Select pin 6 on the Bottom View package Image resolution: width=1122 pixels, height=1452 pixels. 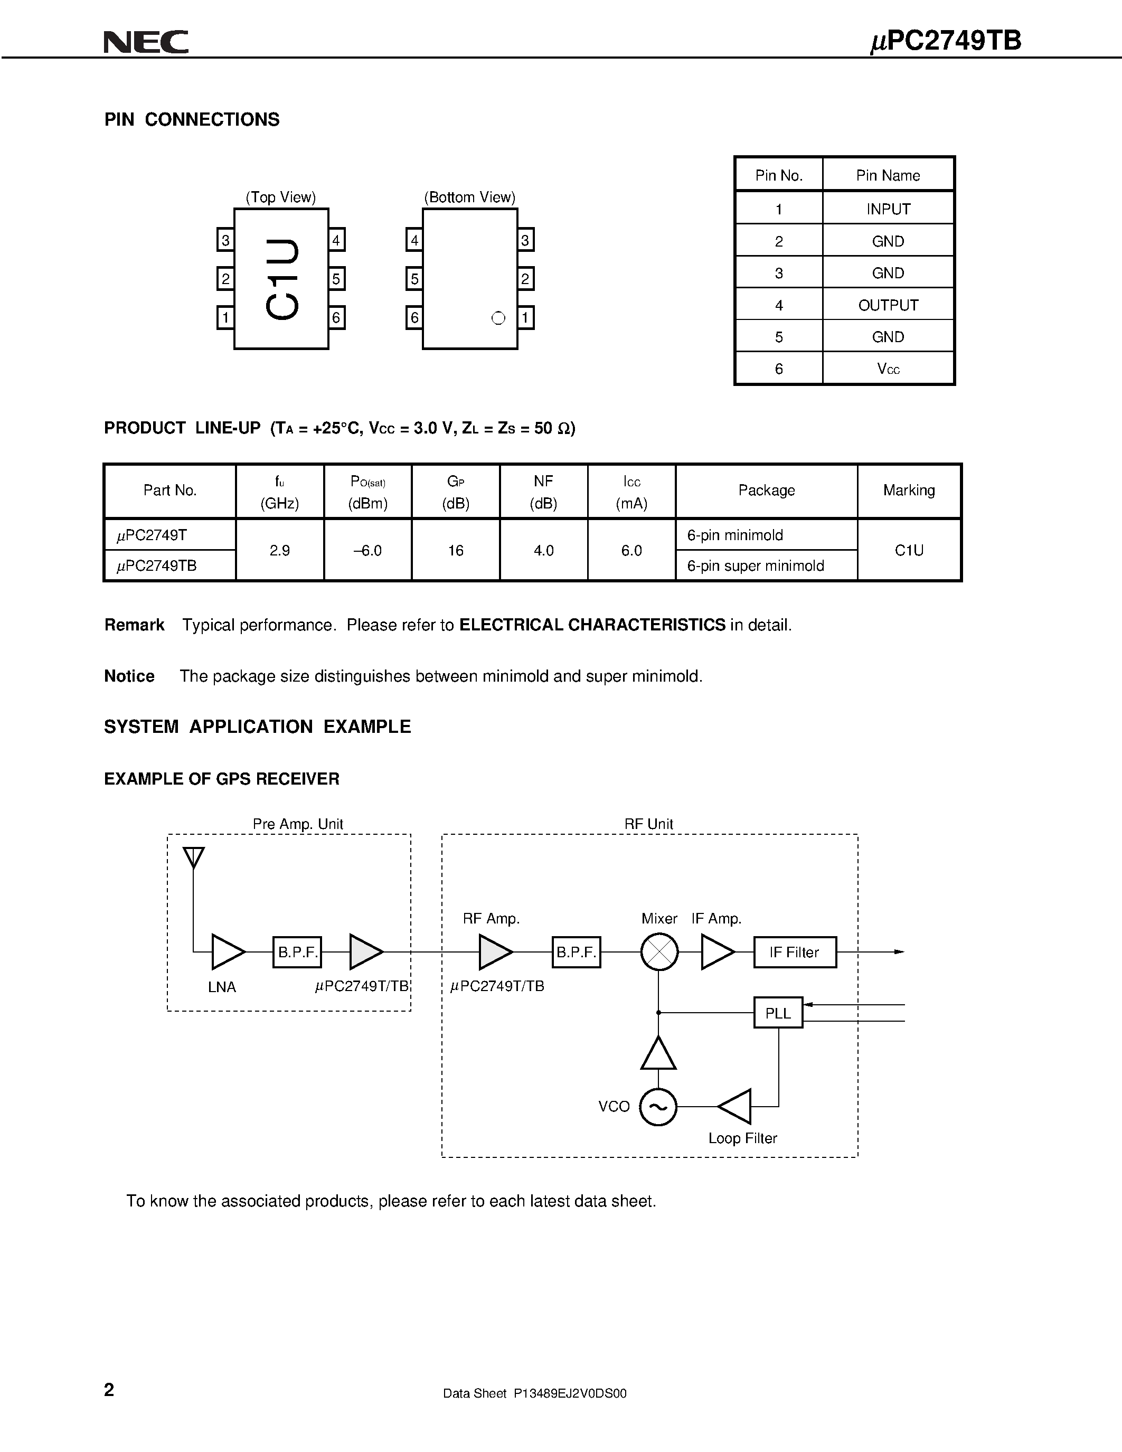click(414, 318)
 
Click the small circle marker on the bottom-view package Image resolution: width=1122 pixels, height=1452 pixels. click(498, 318)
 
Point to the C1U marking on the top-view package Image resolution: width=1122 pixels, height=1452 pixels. click(282, 279)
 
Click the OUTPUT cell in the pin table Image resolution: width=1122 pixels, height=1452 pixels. click(888, 305)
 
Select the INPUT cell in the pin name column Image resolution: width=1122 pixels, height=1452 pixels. click(888, 209)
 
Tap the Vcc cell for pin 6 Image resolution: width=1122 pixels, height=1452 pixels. click(888, 369)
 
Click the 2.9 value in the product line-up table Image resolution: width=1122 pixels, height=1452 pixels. click(280, 551)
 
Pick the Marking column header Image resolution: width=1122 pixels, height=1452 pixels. click(909, 491)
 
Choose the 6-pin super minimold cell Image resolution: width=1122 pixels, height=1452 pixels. click(756, 566)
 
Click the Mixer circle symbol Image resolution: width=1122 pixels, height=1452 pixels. click(659, 952)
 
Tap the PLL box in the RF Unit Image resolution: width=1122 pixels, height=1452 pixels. click(778, 1013)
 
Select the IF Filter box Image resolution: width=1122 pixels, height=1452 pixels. click(794, 952)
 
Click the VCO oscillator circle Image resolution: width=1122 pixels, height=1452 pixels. click(658, 1107)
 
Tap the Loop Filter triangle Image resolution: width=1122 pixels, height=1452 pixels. click(737, 1107)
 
